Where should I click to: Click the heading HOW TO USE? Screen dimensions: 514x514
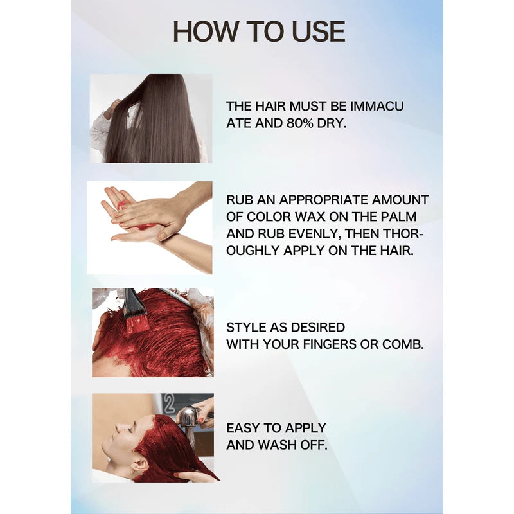(x=259, y=31)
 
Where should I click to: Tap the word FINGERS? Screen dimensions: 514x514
(x=320, y=344)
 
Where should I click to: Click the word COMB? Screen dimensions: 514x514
(x=403, y=344)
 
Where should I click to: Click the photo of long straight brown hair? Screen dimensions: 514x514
(x=151, y=118)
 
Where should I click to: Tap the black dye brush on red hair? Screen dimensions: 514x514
(x=135, y=308)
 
